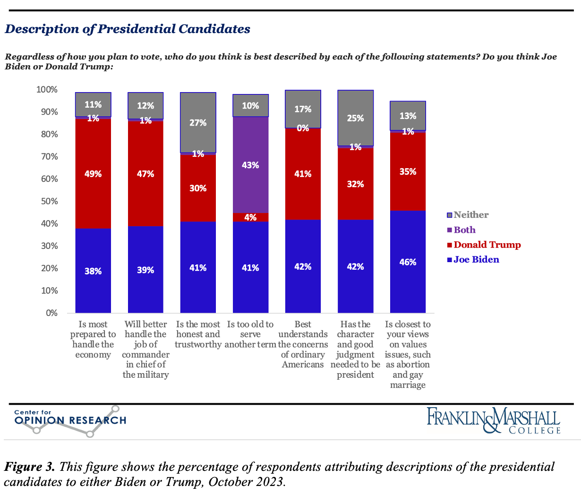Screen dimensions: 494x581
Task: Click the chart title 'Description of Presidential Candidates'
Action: [x=128, y=29]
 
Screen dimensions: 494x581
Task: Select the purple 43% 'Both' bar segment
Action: [x=250, y=165]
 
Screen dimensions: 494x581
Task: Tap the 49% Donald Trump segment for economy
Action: [x=93, y=173]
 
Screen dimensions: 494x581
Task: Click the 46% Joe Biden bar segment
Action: [x=408, y=262]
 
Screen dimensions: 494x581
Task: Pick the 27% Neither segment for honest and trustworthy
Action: [x=198, y=122]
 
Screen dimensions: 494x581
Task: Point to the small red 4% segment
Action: [x=250, y=217]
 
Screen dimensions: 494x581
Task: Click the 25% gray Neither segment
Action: [x=355, y=119]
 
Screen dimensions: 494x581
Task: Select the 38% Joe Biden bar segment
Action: [x=93, y=271]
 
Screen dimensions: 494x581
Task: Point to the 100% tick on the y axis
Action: [x=47, y=90]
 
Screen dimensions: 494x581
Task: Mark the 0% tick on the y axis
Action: [x=51, y=313]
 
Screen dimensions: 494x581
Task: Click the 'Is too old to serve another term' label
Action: [x=250, y=334]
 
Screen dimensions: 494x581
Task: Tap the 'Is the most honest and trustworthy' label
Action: [x=198, y=334]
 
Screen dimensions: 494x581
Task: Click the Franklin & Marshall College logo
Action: [x=494, y=420]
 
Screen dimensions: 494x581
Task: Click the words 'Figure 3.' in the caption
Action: [x=29, y=467]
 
